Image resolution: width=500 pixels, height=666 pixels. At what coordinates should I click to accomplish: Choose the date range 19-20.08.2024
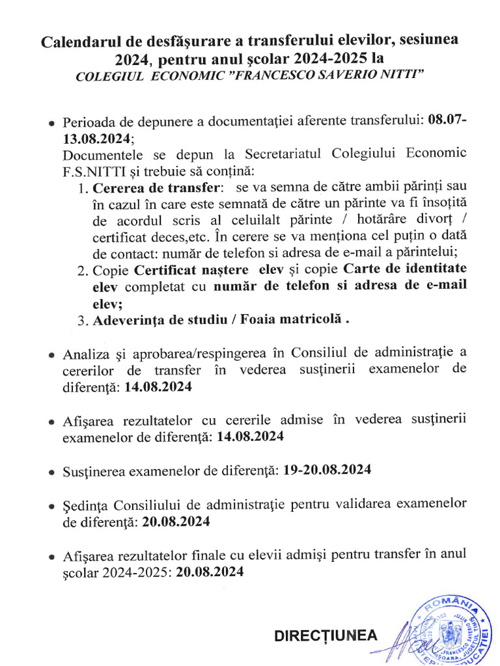pyautogui.click(x=328, y=470)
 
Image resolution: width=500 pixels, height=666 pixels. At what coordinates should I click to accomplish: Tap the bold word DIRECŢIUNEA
pyautogui.click(x=326, y=635)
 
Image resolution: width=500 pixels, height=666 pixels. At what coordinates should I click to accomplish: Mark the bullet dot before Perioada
pyautogui.click(x=52, y=124)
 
